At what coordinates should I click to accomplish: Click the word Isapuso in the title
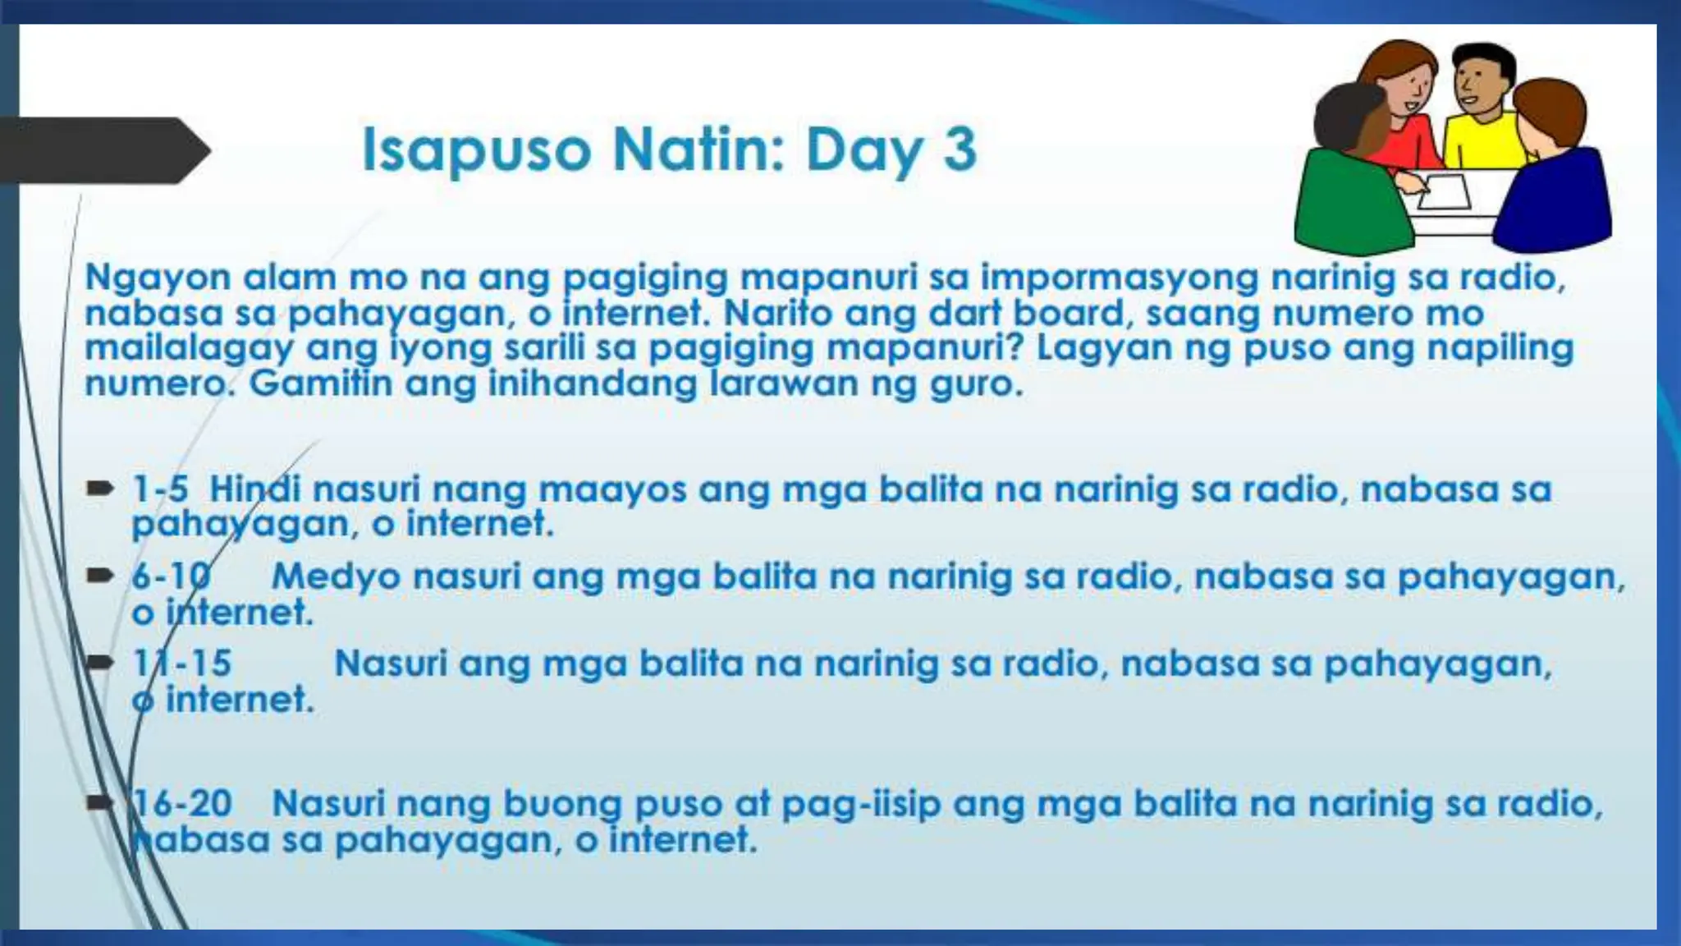coord(476,150)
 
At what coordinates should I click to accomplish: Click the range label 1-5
coord(160,489)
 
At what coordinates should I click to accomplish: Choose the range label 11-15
coord(182,664)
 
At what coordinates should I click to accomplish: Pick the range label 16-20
coord(182,803)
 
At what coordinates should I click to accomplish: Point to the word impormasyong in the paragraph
coord(1120,278)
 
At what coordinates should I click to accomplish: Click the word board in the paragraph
coord(1073,313)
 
